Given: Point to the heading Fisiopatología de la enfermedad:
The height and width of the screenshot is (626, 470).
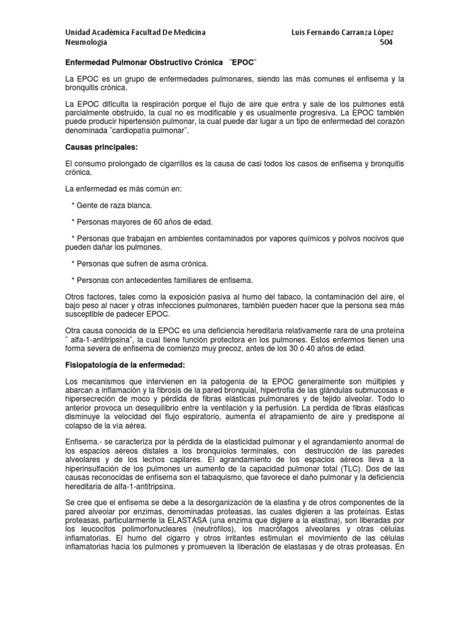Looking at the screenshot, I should pos(124,365).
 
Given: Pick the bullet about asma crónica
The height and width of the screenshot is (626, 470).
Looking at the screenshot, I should pos(140,263).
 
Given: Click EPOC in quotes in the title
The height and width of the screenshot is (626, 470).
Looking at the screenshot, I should pos(244,62).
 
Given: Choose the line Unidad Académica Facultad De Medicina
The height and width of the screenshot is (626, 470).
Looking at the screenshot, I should pos(135,31).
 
